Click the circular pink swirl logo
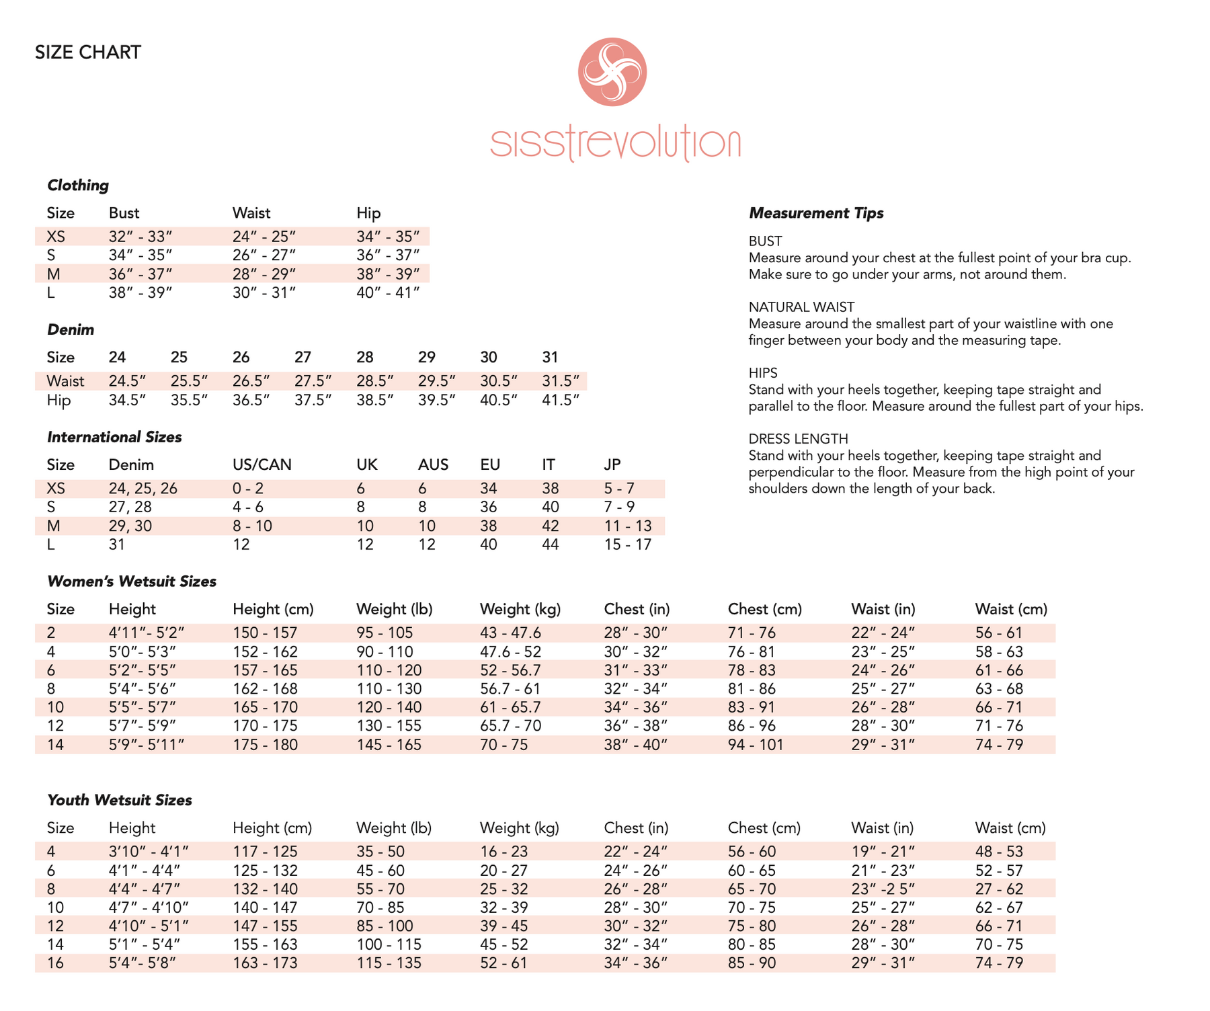click(x=612, y=72)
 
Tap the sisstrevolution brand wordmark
click(x=615, y=143)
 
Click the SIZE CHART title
click(x=88, y=52)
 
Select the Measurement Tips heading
click(x=816, y=213)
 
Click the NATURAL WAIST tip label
click(x=801, y=307)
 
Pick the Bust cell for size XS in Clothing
click(x=140, y=237)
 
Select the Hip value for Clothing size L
click(x=388, y=293)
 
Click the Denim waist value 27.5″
click(x=313, y=381)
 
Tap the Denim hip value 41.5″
click(x=561, y=401)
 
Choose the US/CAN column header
click(x=262, y=465)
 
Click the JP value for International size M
click(x=628, y=526)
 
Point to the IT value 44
click(x=550, y=544)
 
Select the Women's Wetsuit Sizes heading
click(x=132, y=581)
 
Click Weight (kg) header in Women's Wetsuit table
click(x=520, y=610)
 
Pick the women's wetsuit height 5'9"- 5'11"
click(x=147, y=745)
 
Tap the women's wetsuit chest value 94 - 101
click(x=756, y=745)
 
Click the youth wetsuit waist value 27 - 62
click(x=999, y=889)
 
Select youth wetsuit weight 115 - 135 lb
click(x=389, y=963)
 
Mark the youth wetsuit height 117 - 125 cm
click(x=265, y=852)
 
